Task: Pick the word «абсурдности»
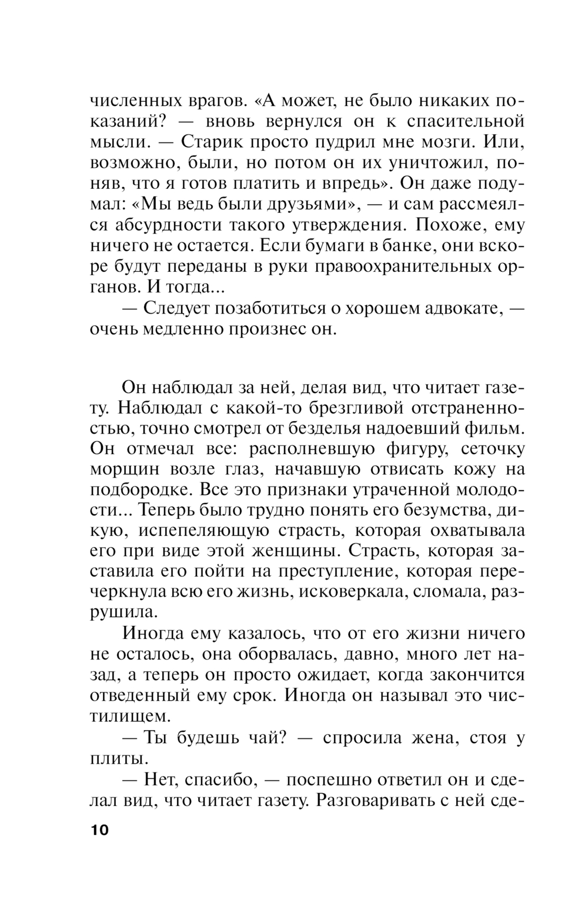tap(168, 225)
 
